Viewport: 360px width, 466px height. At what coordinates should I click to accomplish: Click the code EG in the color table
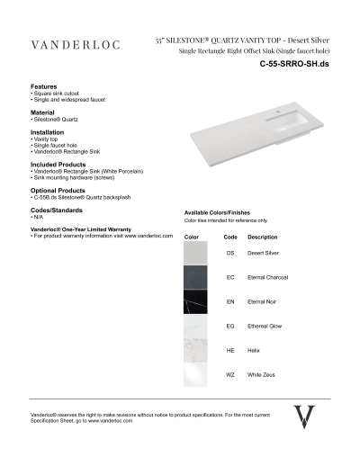pyautogui.click(x=230, y=325)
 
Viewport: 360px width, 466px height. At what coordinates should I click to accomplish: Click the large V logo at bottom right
pyautogui.click(x=305, y=417)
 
